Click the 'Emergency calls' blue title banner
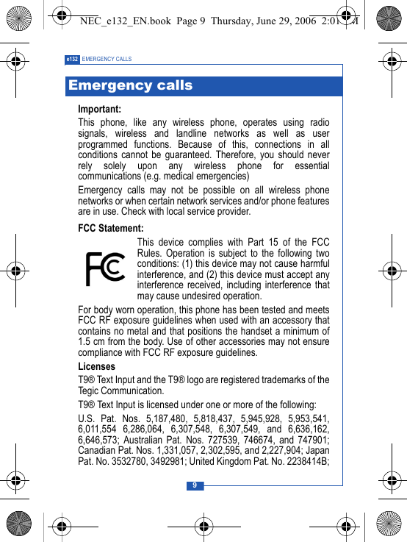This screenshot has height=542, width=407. (x=130, y=86)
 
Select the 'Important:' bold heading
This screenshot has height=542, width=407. (x=100, y=110)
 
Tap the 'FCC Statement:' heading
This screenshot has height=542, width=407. (x=111, y=229)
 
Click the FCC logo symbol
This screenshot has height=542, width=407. (x=105, y=268)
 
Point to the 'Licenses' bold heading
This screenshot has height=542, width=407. (x=97, y=366)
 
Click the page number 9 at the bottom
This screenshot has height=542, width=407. (x=195, y=485)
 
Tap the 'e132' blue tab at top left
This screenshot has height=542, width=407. (x=72, y=59)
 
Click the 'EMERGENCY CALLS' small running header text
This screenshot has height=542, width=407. (x=107, y=59)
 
